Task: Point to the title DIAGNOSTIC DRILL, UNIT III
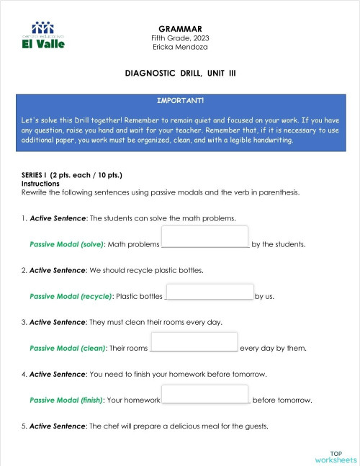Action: pos(180,73)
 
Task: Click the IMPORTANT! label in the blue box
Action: pos(180,100)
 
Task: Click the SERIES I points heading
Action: pos(72,176)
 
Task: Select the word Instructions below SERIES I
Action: pos(40,184)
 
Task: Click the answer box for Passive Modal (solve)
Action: pos(205,236)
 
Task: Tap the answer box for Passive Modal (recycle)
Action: pos(210,291)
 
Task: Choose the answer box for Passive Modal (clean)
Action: pos(194,341)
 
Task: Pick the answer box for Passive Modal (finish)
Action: pos(205,393)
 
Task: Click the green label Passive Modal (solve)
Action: pos(67,245)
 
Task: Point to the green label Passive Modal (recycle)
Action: pos(71,296)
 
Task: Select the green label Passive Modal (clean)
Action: pos(68,349)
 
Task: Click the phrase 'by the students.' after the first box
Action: pos(279,245)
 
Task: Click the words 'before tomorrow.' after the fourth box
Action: pos(282,400)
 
